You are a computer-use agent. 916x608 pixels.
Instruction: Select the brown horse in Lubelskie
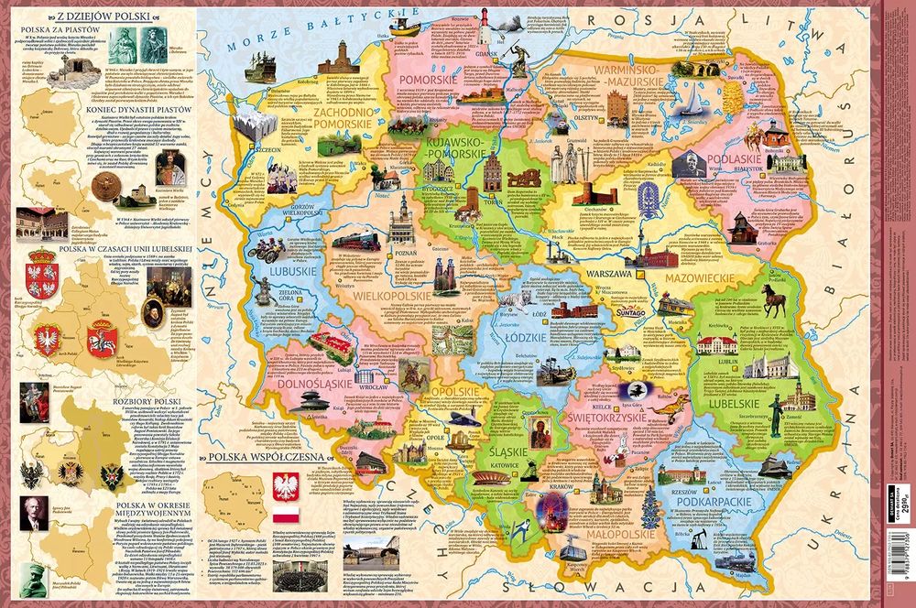[x=775, y=299]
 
